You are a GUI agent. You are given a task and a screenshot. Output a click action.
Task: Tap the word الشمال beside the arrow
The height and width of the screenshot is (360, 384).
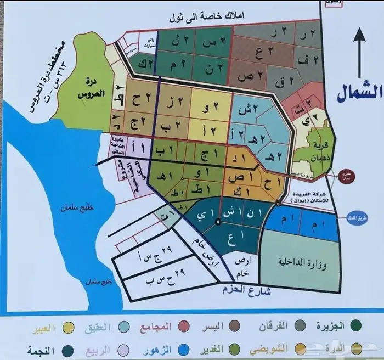click(x=357, y=91)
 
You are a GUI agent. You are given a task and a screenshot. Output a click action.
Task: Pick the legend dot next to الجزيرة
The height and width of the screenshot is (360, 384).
click(x=357, y=327)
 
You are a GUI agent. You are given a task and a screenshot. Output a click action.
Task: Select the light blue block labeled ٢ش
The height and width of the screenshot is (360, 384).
click(x=249, y=109)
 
